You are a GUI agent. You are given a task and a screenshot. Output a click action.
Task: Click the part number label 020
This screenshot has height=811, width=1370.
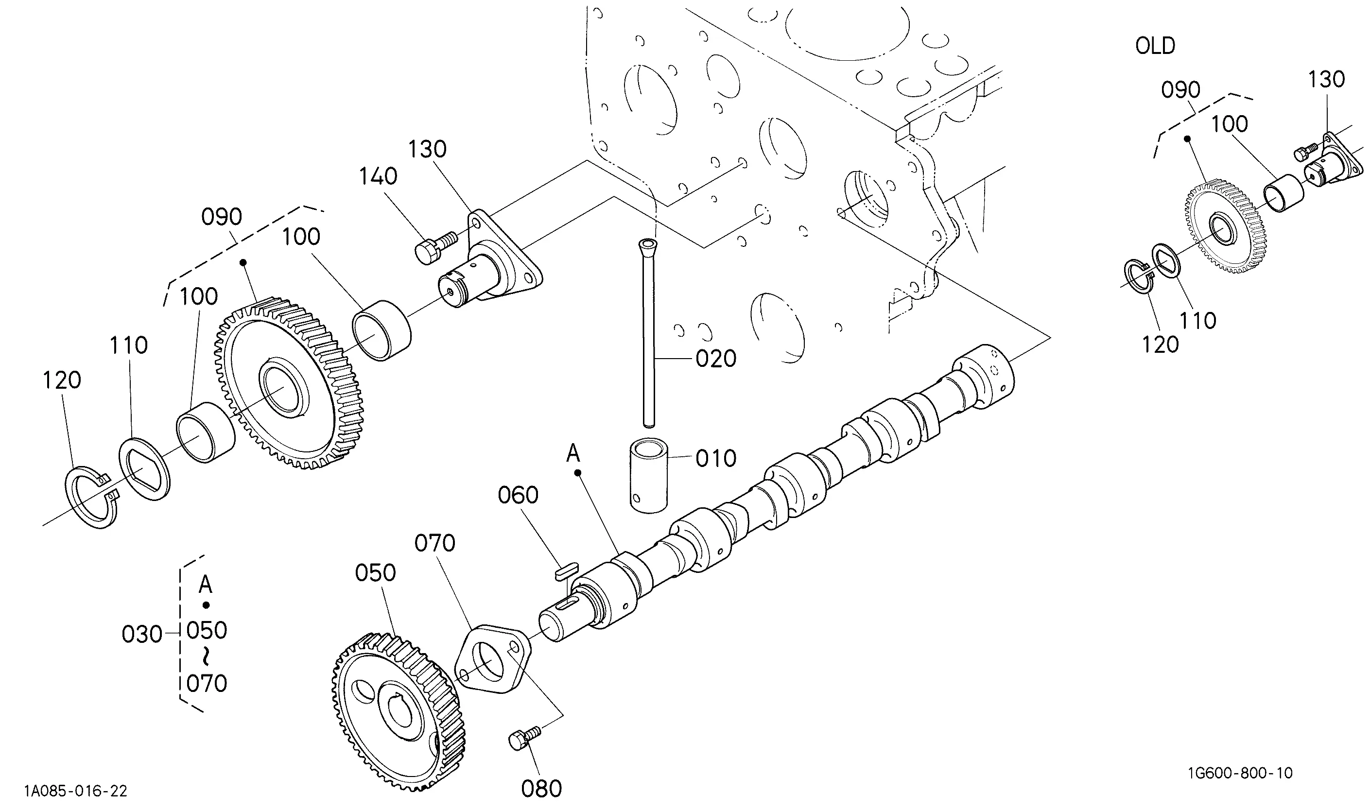pyautogui.click(x=716, y=359)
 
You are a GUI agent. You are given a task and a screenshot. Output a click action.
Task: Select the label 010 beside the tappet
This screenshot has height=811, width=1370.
pyautogui.click(x=716, y=459)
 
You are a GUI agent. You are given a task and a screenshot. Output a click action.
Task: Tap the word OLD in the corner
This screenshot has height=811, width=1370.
pyautogui.click(x=1155, y=46)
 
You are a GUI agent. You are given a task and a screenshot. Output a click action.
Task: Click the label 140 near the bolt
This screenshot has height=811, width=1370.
pyautogui.click(x=378, y=176)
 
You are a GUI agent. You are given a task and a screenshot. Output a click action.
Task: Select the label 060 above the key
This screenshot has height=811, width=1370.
pyautogui.click(x=518, y=495)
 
